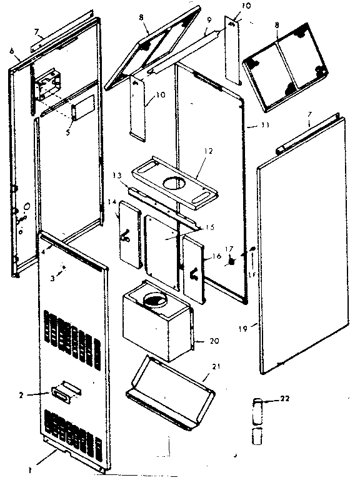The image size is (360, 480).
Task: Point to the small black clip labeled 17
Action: tap(230, 262)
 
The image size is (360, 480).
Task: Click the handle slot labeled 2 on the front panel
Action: tap(63, 392)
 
